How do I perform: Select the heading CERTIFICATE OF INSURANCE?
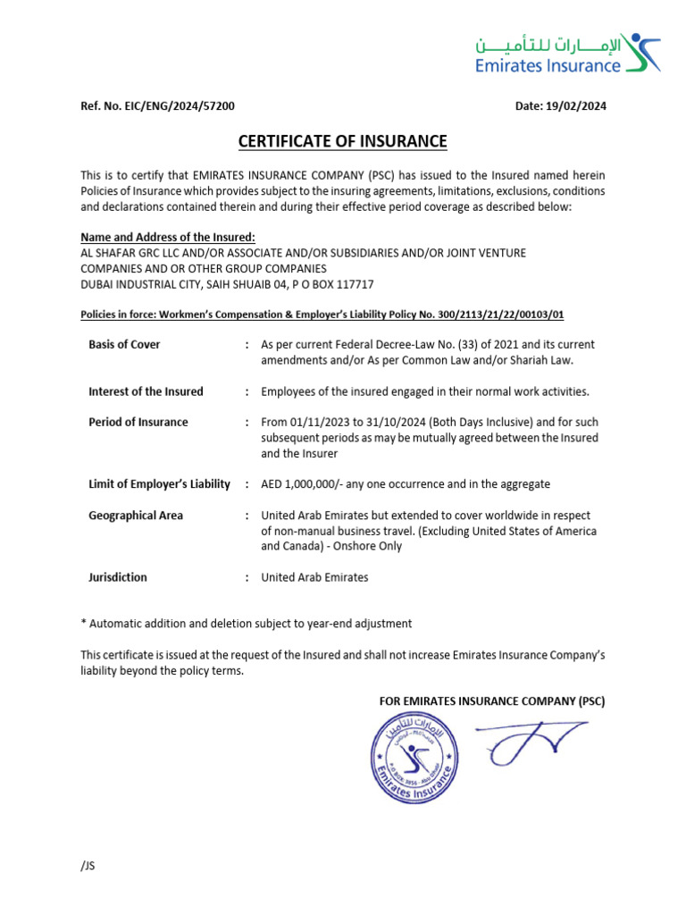click(342, 141)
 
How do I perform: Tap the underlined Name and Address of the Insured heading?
click(168, 237)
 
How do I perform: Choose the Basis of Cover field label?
click(124, 345)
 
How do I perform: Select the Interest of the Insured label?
click(146, 391)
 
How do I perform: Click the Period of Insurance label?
click(138, 422)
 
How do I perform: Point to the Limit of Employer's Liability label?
click(159, 484)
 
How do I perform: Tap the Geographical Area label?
click(136, 516)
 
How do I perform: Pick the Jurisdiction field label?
click(118, 577)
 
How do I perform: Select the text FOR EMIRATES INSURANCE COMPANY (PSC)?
click(492, 701)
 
